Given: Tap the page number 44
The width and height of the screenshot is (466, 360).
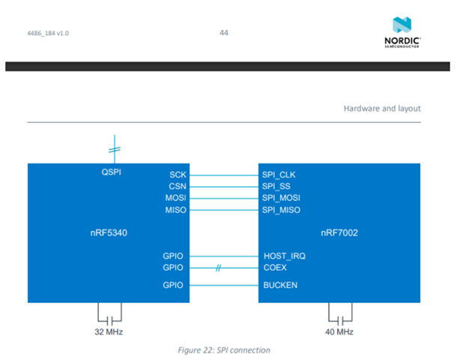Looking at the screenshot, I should [x=224, y=32].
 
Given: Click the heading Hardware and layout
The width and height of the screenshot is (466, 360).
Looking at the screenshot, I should [x=381, y=109].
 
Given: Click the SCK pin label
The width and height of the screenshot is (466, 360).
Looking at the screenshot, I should [x=177, y=175].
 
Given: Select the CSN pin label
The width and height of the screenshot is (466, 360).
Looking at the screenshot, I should [x=176, y=186].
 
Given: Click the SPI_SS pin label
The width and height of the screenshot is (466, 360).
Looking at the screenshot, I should [x=276, y=186].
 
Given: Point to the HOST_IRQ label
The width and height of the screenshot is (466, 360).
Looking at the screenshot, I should [x=284, y=256].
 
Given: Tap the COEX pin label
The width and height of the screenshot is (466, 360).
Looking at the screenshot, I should [x=275, y=268].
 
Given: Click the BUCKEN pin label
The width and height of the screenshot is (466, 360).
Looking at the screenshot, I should [x=280, y=285].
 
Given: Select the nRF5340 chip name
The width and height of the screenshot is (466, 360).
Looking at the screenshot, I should [x=106, y=233].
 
